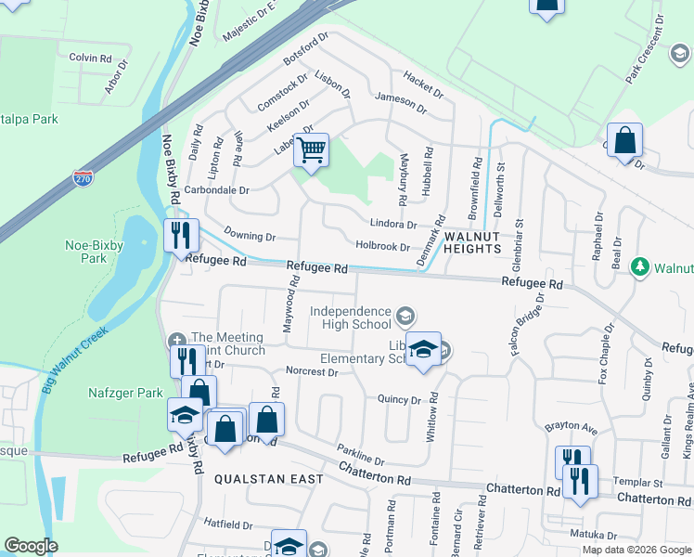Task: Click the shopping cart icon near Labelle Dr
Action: (x=312, y=149)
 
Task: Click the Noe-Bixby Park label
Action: (x=86, y=252)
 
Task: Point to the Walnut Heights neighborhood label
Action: (x=472, y=242)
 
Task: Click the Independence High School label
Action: (x=350, y=317)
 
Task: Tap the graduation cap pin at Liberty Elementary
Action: (x=423, y=349)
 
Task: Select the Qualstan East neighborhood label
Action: (x=269, y=479)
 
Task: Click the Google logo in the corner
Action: (x=31, y=546)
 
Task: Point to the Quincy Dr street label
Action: (x=399, y=399)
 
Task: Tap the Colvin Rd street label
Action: (x=90, y=58)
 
